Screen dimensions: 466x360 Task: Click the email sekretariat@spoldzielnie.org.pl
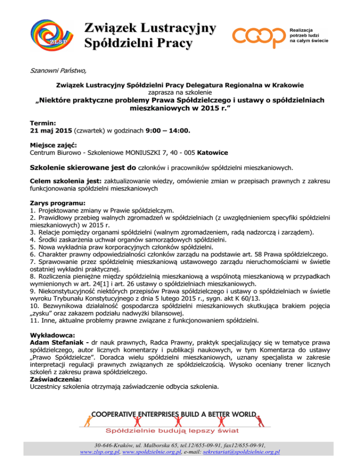(246, 452)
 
